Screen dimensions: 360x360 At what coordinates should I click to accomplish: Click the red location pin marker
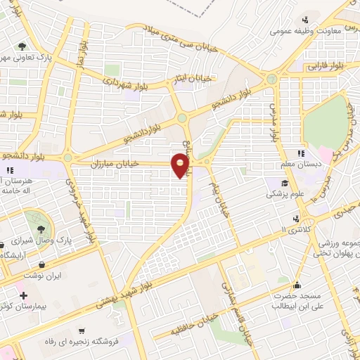tap(181, 166)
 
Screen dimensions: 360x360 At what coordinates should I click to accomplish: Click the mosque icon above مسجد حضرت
tap(297, 285)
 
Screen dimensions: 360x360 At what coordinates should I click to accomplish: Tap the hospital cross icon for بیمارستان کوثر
tap(25, 295)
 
